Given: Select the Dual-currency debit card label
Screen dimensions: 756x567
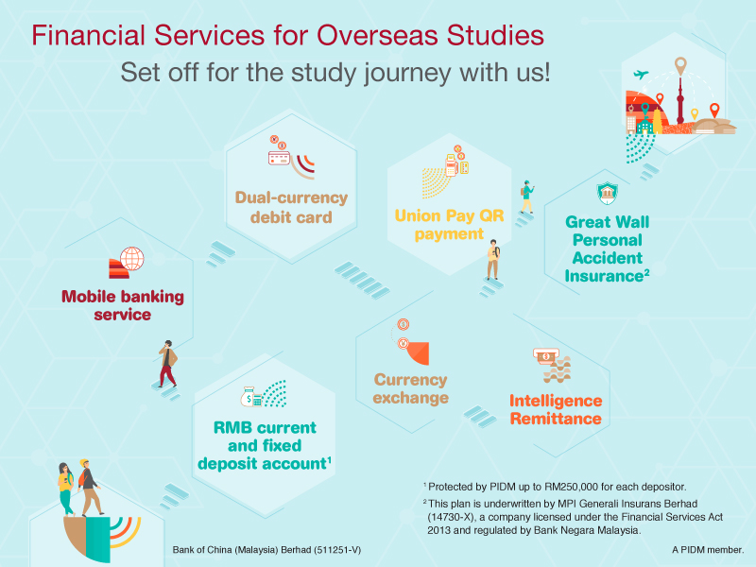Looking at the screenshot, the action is pos(291,207).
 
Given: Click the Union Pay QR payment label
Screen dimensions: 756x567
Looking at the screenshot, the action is pos(449,225).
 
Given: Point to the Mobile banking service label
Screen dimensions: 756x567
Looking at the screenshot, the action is pos(123,305).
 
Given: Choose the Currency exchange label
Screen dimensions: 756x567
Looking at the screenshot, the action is pos(411,388).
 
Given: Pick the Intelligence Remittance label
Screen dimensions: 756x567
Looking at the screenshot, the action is pos(556,409).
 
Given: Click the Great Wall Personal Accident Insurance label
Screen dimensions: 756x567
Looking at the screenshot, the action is pos(607,249).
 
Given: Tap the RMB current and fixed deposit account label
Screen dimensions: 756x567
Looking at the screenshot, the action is pos(265,445).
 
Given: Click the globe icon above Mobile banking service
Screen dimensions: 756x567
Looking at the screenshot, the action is pos(132,258).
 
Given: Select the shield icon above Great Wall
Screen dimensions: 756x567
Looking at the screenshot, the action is pos(608,194).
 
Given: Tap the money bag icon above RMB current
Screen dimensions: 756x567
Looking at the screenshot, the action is pos(248,397).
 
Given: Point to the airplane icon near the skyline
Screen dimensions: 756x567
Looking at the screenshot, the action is pos(641,75).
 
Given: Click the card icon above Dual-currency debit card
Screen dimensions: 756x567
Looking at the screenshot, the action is pos(279,158).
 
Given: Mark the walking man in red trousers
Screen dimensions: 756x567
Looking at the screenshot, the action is pos(168,363).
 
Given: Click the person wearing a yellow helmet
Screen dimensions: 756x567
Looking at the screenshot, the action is pos(90,488).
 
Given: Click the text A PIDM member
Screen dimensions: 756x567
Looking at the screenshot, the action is pos(708,550).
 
